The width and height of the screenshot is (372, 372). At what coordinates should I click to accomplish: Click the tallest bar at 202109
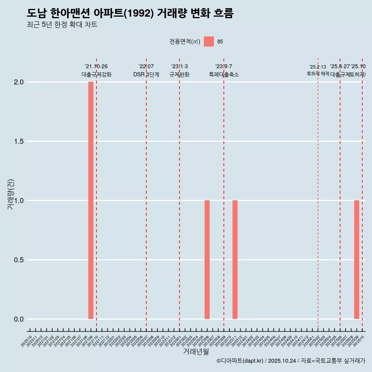coord(91,200)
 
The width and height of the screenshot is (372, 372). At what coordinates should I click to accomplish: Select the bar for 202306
coord(207,260)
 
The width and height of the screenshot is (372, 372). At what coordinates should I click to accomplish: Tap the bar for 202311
coord(235,260)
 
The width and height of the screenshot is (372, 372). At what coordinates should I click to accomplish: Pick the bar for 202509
coord(356,260)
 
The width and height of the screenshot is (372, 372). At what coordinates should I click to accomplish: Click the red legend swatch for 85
coord(209,41)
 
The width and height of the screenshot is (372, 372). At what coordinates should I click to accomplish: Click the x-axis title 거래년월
coord(196,352)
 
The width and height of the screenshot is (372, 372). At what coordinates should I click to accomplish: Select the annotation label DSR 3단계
coord(146,75)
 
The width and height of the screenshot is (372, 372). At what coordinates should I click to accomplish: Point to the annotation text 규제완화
coord(179,75)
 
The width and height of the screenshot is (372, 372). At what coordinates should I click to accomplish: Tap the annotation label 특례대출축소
coord(224,75)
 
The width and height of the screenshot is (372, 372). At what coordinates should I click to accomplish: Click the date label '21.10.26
coord(96,66)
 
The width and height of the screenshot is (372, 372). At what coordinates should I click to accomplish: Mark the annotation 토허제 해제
coord(318,74)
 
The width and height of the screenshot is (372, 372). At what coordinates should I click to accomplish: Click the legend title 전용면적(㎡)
coord(184,41)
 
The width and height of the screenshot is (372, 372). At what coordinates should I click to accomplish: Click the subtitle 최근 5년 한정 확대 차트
coord(62,25)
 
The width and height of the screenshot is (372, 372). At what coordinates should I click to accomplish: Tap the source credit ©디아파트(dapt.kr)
coord(240,361)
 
